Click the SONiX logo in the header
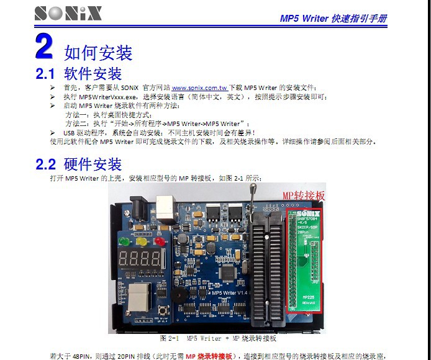click(68, 13)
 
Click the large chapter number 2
click(44, 47)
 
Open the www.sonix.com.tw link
click(199, 88)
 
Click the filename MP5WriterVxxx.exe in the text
click(108, 97)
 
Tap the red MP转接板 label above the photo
click(304, 196)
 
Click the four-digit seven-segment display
click(140, 260)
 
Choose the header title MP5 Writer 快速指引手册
click(333, 19)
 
